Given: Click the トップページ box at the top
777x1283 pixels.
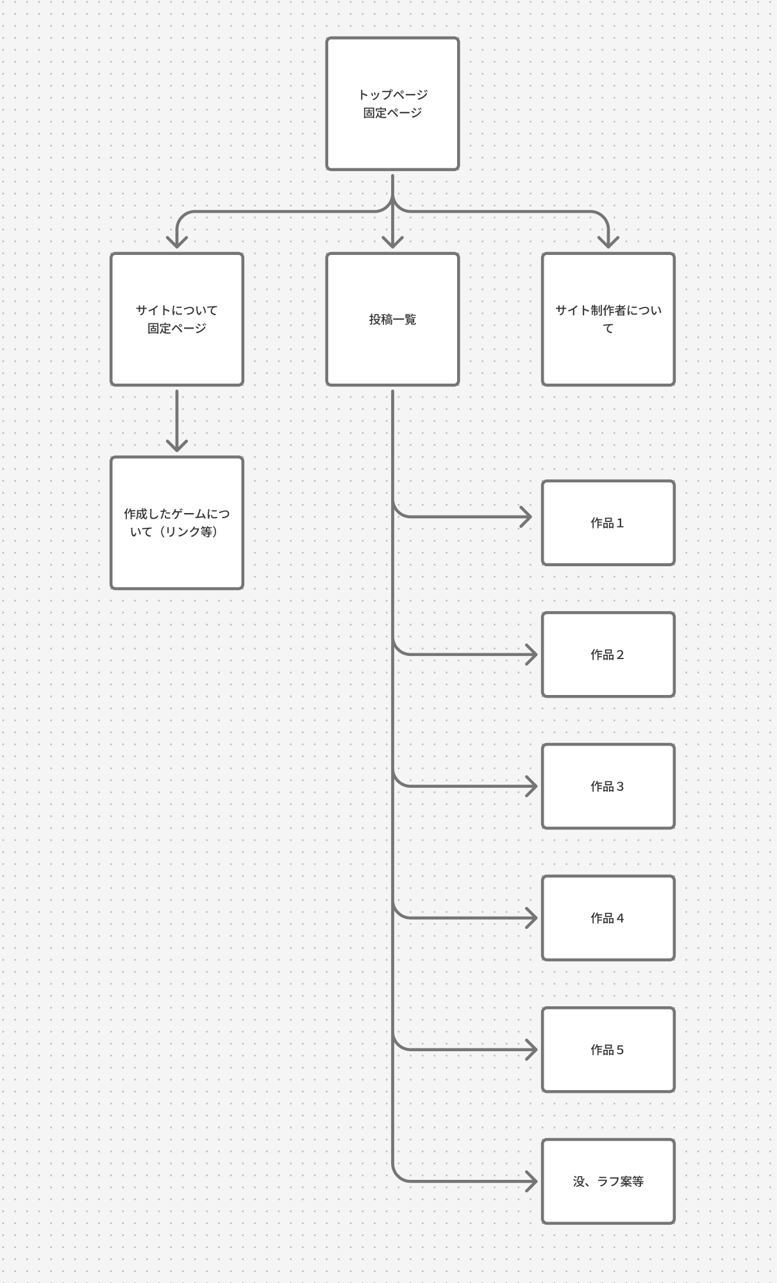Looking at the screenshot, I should coord(392,104).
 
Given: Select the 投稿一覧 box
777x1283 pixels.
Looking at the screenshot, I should coord(392,319).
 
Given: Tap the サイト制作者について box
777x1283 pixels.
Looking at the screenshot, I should coord(608,319).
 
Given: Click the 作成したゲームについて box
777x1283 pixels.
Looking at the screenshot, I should coord(177,523).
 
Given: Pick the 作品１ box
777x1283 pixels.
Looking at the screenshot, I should coord(608,523).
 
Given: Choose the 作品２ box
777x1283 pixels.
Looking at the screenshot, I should coord(608,655).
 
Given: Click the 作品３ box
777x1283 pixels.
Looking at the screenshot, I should coord(608,786).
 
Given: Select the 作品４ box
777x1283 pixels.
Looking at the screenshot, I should coord(608,918).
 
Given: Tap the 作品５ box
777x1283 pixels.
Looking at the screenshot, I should coord(608,1049).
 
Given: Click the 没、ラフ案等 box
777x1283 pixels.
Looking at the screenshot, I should coord(608,1181).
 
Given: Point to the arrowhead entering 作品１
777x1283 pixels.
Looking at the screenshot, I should coord(527,516).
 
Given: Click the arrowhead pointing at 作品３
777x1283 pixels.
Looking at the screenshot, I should coord(531,786).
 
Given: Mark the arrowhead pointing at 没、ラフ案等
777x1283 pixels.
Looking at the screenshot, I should coord(531,1181).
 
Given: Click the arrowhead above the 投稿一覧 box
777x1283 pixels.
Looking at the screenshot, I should coord(392,242).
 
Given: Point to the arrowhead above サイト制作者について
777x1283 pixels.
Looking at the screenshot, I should coord(608,242).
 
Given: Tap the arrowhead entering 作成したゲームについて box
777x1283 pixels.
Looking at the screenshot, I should coord(177,446).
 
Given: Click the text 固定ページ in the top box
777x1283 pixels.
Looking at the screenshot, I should coord(392,113).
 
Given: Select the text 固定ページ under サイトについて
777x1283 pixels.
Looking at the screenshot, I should coord(177,329).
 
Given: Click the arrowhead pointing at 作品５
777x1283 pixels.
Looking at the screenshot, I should coord(531,1049).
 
